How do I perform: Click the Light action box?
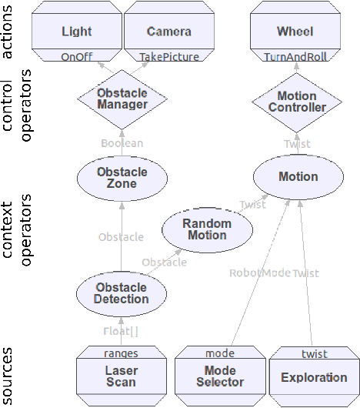[76, 31]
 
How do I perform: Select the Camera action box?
[168, 31]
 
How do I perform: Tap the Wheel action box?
[295, 31]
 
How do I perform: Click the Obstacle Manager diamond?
[122, 99]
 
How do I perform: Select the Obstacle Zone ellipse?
[122, 178]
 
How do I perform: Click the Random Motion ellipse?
[206, 229]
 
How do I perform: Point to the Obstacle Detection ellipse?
[122, 293]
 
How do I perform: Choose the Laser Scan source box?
[121, 377]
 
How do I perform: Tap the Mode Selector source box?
[219, 377]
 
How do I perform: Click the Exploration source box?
[314, 377]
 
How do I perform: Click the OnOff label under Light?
[77, 56]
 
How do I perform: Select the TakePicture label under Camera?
[168, 56]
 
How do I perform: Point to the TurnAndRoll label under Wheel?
[296, 57]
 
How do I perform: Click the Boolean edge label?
[122, 143]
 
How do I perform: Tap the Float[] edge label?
[122, 331]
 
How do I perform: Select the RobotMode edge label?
[258, 273]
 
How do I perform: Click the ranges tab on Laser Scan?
[121, 353]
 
